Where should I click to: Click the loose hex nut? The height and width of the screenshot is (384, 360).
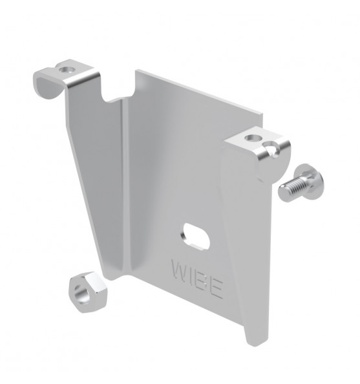(88, 292)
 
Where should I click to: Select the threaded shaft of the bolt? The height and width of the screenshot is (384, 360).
(291, 189)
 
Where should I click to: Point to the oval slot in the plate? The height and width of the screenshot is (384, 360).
(196, 237)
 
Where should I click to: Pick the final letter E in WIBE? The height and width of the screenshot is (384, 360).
(217, 288)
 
